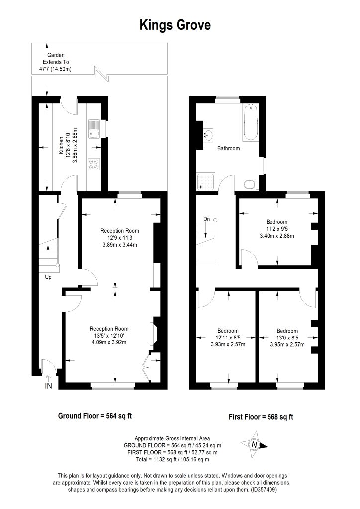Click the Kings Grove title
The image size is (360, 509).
pos(176,25)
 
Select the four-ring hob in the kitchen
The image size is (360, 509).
pos(94,164)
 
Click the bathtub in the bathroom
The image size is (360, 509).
pos(251,122)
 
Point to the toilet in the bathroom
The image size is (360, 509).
pos(251,184)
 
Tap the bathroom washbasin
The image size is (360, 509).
pos(208,134)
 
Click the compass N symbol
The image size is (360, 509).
pos(254,445)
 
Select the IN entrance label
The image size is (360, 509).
pos(48,386)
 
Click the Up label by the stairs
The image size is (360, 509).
pos(48,277)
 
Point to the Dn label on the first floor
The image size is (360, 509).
pos(207,219)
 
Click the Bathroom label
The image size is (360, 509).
pos(229,148)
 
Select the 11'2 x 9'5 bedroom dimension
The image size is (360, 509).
pos(277,229)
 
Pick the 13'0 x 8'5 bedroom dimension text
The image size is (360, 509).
pos(287,338)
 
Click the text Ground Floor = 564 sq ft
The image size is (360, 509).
pos(95,416)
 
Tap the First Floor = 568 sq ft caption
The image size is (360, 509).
pos(261,417)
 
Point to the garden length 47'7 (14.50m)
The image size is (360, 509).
pos(55,69)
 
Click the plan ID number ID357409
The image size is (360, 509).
pos(263,490)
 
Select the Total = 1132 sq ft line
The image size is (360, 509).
pos(173,459)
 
